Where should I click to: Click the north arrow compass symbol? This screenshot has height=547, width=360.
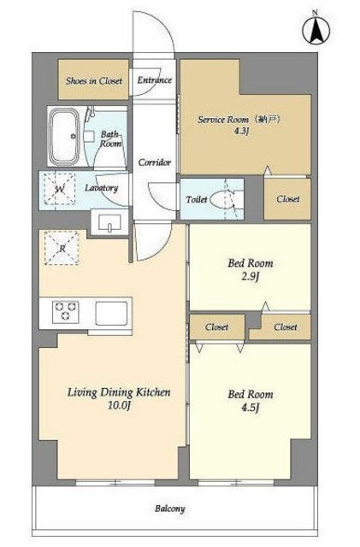[x=316, y=30]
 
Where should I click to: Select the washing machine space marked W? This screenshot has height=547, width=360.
[x=59, y=189]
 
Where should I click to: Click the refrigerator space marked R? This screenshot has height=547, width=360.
[x=62, y=248]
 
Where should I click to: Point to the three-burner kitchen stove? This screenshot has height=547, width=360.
[x=66, y=312]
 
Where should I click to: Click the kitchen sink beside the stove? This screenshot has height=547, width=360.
[x=111, y=313]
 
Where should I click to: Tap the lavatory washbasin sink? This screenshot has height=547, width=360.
[x=109, y=222]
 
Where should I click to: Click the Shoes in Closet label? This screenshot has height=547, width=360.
[x=94, y=81]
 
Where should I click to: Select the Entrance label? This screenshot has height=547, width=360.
[x=154, y=79]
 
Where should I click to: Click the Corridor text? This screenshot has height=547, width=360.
[x=154, y=162]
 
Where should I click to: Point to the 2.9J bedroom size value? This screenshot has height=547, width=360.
[x=251, y=277]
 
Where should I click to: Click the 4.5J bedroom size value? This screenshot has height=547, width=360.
[x=251, y=408]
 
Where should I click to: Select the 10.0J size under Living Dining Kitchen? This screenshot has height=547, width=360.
[x=120, y=405]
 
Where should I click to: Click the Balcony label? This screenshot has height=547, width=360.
[x=170, y=509]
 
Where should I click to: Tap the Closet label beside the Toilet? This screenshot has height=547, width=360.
[x=287, y=199]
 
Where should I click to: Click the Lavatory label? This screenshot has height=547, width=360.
[x=102, y=188]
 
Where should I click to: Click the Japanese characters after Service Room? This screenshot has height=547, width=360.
[x=268, y=120]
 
